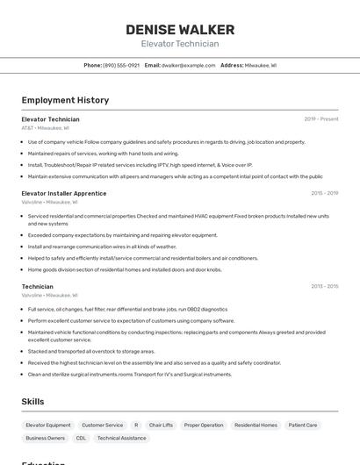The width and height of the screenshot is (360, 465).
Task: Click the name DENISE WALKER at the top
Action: click(179, 29)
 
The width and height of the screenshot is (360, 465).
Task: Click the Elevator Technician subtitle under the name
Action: click(179, 44)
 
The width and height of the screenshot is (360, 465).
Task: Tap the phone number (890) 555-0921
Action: click(121, 65)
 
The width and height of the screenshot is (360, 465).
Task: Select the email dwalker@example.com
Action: click(188, 65)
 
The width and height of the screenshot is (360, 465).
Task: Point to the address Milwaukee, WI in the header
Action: click(260, 65)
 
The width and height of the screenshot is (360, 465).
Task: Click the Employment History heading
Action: click(65, 100)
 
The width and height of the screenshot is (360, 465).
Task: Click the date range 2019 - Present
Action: click(320, 118)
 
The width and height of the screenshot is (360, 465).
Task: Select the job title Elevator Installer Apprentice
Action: click(64, 193)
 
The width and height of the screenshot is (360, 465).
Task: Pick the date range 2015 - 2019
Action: click(324, 193)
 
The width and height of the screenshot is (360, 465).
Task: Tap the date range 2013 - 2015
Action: click(324, 286)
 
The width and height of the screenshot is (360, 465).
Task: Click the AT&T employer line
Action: click(45, 128)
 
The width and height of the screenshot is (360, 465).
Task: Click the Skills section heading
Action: click(33, 402)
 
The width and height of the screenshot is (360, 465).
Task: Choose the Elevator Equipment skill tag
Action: click(48, 425)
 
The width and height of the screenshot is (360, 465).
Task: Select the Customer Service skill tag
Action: click(103, 425)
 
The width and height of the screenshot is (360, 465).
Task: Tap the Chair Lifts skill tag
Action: click(161, 425)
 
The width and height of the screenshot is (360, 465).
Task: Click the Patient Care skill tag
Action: click(303, 425)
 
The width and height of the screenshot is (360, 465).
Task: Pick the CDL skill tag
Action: click(81, 438)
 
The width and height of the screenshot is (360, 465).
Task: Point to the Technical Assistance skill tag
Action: click(121, 438)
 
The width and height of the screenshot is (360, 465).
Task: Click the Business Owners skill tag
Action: click(46, 438)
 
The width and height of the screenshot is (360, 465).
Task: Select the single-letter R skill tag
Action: click(136, 425)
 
